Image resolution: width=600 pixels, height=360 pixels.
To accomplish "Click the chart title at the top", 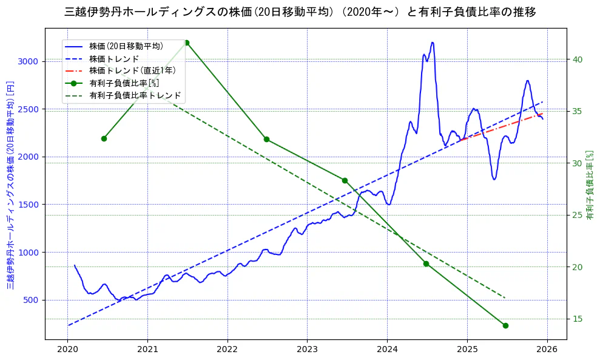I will coord(300,12).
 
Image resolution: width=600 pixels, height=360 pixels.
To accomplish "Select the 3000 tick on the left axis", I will coord(28,61).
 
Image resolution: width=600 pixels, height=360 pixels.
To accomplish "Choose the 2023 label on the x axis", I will coord(307,349).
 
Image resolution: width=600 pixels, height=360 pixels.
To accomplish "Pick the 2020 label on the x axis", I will coord(68,349).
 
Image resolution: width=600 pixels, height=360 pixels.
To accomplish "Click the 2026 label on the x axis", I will coord(547,349).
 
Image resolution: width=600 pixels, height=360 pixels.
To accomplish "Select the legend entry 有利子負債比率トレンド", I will coord(135,95).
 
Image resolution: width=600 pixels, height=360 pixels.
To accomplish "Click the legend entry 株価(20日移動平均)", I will coord(126,46).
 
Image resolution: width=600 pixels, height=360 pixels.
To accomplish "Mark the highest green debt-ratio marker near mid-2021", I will coord(186,42).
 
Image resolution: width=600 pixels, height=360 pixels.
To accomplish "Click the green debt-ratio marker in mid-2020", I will coord(104,138).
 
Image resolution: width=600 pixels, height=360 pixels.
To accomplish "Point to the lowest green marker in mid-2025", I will coord(505,325).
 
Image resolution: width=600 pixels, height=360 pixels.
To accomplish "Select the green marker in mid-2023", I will coord(345,180).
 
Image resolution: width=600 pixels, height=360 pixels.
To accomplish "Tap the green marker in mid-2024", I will coord(426,263).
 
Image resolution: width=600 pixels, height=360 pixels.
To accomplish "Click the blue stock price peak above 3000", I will coord(432,42).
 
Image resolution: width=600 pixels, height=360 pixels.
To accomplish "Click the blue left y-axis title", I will coord(10,185).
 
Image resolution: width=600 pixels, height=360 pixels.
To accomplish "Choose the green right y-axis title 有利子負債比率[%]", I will coord(590,185).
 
